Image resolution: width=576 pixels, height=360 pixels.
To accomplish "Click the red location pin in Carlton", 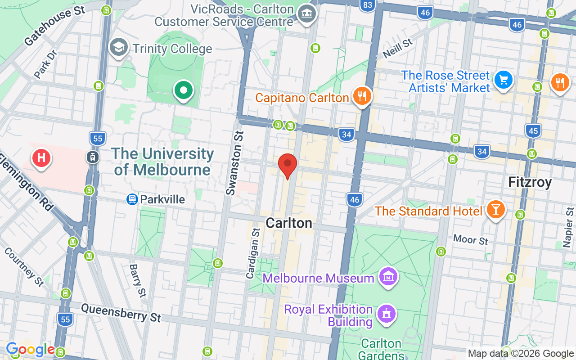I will click(x=288, y=165).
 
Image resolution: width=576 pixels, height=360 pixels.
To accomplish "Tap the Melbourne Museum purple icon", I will click(x=388, y=277).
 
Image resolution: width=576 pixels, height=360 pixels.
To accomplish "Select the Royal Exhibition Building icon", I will click(x=386, y=314).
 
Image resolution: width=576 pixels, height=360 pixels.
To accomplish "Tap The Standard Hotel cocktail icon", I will click(x=495, y=209).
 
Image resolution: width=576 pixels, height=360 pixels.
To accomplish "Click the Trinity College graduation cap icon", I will click(x=119, y=47).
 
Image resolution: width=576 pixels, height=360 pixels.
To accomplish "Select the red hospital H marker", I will click(x=41, y=158).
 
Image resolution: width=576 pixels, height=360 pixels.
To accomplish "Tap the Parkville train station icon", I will click(x=132, y=199).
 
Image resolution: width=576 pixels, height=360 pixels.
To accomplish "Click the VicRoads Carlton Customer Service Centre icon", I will click(x=308, y=13).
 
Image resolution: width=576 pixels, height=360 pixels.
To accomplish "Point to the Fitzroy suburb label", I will click(x=530, y=182).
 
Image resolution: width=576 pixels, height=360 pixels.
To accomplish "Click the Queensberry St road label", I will click(x=121, y=312).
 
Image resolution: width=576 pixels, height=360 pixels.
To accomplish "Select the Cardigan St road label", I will click(x=253, y=253).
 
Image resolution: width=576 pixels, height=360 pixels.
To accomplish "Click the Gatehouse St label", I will click(x=54, y=27).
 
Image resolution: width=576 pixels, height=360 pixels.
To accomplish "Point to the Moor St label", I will click(x=470, y=239).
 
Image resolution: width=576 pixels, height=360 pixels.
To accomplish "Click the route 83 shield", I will click(x=368, y=5).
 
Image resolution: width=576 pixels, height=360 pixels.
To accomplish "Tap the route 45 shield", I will click(x=533, y=131).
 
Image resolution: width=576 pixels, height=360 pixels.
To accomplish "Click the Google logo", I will click(x=30, y=349).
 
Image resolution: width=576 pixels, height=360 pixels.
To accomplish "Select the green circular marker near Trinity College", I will click(x=183, y=90).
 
